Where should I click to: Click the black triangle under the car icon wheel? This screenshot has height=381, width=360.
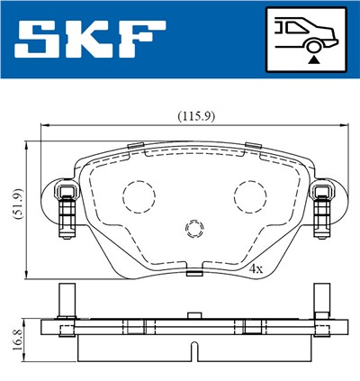(x=312, y=58)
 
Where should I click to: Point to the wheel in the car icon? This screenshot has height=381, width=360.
(x=312, y=41)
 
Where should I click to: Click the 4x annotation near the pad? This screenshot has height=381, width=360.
(x=256, y=268)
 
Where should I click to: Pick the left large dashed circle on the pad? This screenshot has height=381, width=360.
(x=139, y=195)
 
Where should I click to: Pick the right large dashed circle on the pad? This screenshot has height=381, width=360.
(x=249, y=195)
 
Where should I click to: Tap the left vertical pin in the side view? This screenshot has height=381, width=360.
(x=65, y=299)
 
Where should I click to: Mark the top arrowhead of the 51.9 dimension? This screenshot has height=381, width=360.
(x=29, y=142)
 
